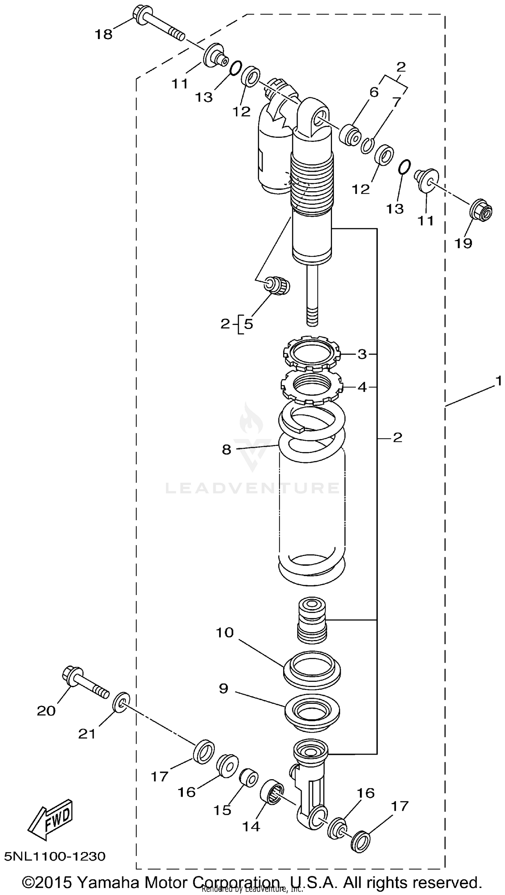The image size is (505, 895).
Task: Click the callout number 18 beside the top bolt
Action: point(104,34)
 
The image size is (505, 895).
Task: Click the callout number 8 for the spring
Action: point(226,450)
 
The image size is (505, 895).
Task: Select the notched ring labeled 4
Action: point(311,386)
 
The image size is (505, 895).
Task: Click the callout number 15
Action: point(222,810)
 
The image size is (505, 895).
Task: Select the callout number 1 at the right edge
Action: point(499,381)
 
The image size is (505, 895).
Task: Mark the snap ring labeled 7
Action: point(366,145)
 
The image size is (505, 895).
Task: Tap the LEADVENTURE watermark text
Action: point(253,488)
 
